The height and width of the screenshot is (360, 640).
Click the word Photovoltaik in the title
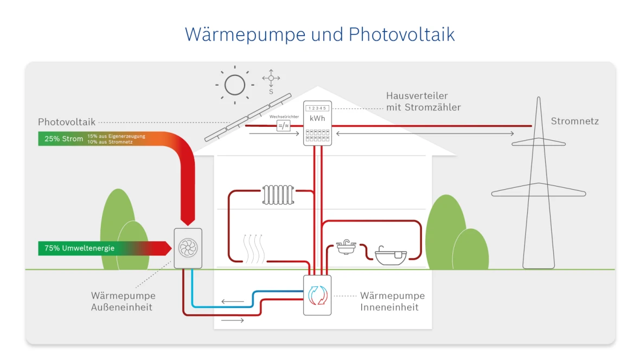(401, 34)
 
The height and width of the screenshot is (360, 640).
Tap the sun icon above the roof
(234, 85)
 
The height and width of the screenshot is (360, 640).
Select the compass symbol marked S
(271, 79)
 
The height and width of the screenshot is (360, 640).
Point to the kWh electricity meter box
(317, 123)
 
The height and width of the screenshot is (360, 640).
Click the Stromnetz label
(574, 121)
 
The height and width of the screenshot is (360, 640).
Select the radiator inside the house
(278, 195)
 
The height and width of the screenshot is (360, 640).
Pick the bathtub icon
(391, 255)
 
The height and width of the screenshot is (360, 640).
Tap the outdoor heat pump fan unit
(188, 248)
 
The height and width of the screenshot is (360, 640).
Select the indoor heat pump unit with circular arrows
(317, 295)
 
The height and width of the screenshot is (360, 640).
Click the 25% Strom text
(64, 139)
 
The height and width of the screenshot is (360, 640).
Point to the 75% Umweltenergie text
(79, 248)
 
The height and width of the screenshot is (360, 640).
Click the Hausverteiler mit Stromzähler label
(423, 101)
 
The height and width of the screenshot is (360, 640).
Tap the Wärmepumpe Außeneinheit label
(123, 301)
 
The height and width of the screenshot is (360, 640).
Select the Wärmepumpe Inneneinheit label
(392, 301)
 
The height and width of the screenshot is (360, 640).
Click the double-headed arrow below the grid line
(425, 133)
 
